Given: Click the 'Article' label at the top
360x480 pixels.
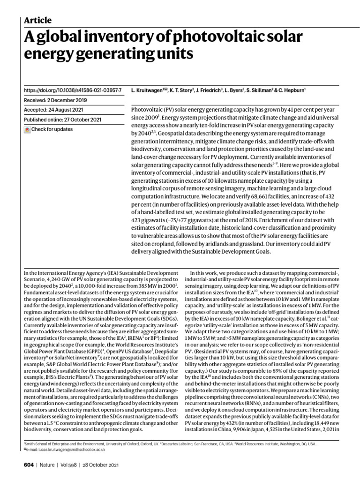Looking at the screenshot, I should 37,20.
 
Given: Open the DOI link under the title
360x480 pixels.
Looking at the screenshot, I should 72,89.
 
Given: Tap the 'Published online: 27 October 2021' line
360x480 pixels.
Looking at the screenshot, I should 62,119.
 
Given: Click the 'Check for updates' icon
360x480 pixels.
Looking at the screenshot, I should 27,129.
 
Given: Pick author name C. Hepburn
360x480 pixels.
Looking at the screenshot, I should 294,89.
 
